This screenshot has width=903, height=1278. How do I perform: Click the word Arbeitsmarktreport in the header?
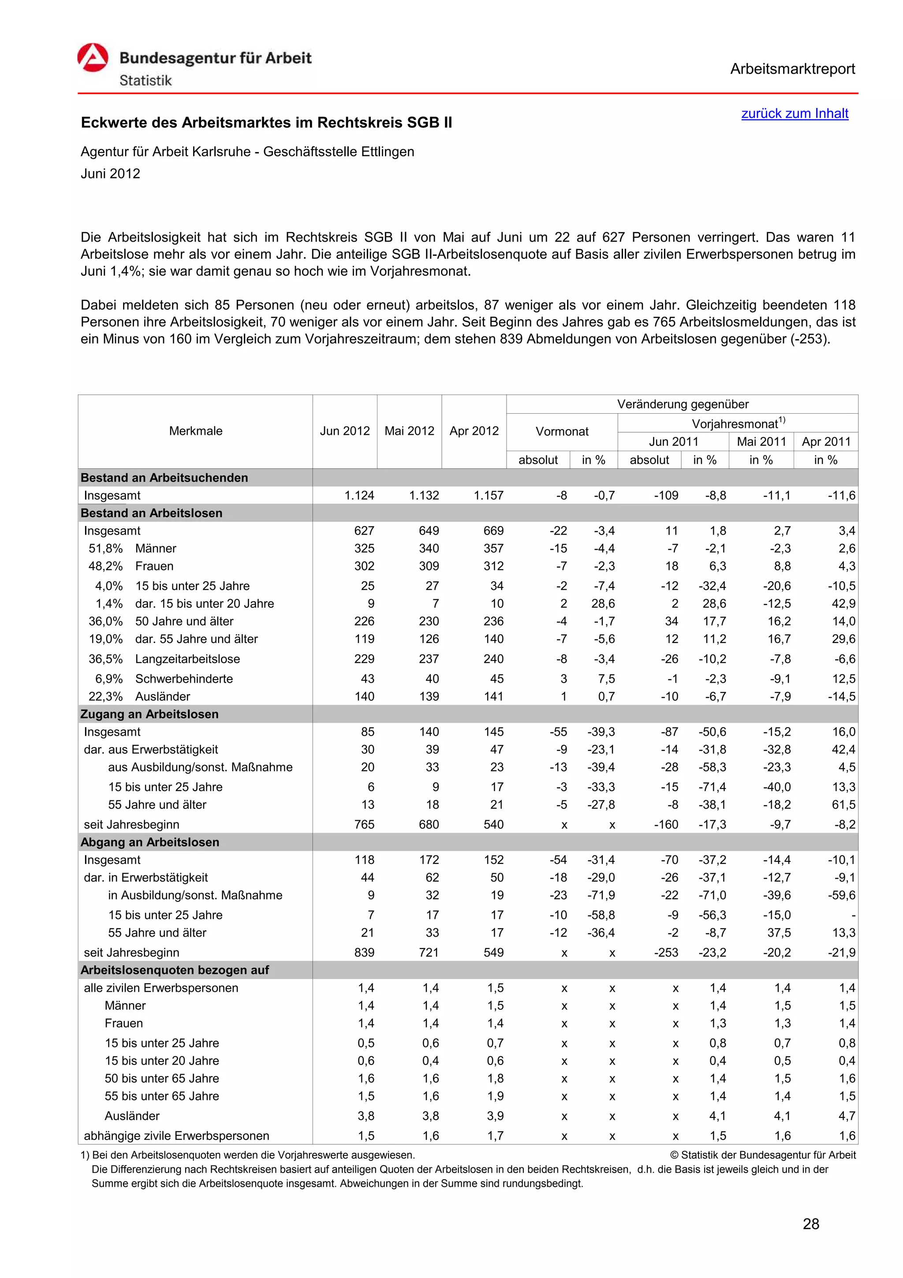point(792,69)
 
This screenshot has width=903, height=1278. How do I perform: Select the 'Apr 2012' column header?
point(474,431)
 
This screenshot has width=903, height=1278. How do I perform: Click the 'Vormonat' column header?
point(561,431)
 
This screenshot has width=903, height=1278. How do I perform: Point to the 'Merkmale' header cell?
point(195,431)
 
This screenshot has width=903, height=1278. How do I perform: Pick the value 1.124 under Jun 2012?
point(359,495)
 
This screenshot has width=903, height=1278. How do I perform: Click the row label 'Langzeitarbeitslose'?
point(187,659)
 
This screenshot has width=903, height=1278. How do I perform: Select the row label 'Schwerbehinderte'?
point(183,679)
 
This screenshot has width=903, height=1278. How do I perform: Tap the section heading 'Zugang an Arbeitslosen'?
point(149,714)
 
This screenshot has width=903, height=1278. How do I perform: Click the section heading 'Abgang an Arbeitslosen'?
point(149,842)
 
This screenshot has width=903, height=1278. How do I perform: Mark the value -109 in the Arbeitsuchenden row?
point(666,495)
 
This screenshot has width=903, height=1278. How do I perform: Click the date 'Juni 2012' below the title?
point(110,174)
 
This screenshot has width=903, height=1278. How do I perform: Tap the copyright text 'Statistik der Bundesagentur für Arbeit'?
point(767,1155)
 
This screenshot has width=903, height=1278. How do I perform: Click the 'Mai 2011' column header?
point(761,441)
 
